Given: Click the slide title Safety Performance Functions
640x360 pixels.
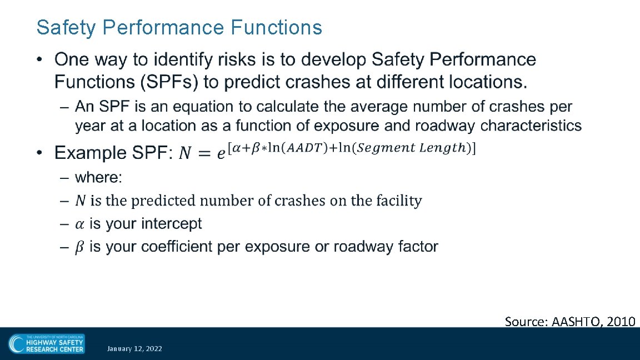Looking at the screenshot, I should coord(179,27).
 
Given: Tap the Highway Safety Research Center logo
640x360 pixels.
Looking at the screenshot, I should coord(47,344).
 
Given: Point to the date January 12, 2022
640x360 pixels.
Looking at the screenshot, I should coord(134,348).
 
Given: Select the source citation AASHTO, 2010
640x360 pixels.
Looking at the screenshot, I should coord(570,321).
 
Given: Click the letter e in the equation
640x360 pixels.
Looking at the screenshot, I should coord(221,153).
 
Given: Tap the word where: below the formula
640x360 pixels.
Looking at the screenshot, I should coord(98,177).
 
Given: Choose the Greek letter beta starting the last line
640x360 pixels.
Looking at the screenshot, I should coord(80,247).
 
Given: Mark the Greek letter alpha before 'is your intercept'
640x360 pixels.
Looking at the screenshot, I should coord(80,224).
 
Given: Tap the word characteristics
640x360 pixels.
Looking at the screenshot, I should coord(531,126).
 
